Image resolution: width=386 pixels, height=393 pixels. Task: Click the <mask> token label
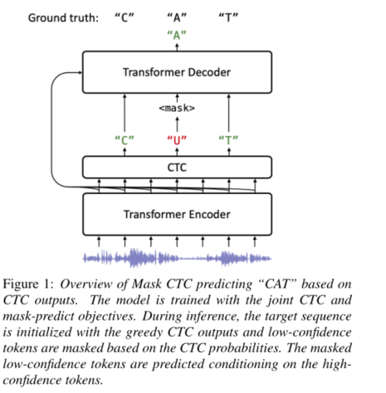(x=176, y=108)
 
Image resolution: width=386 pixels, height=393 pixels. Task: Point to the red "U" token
(x=176, y=138)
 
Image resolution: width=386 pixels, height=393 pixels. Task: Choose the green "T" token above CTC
(x=227, y=138)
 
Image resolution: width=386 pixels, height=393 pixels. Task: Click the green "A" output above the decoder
(x=176, y=35)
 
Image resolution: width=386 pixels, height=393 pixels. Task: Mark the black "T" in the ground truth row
(x=227, y=17)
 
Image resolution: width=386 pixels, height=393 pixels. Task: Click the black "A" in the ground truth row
(x=176, y=17)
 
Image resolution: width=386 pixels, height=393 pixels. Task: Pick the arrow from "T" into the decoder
(x=227, y=111)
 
